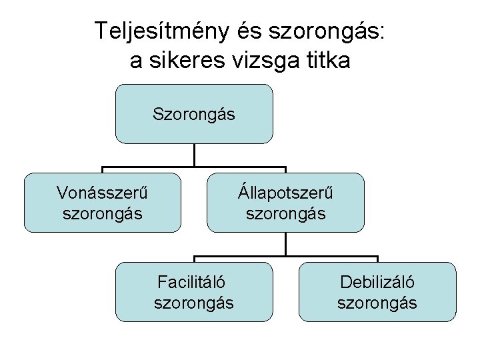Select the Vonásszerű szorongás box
(102, 202)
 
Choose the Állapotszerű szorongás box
(285, 202)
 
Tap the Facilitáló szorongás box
(194, 291)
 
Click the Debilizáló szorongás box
(377, 291)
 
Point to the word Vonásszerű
(102, 193)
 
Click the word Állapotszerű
(285, 193)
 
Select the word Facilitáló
(194, 282)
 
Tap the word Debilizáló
(377, 282)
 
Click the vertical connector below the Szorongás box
(194, 155)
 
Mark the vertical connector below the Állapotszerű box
(285, 244)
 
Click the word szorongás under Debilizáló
(377, 303)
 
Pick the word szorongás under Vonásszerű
(102, 214)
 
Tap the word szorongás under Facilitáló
(194, 303)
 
